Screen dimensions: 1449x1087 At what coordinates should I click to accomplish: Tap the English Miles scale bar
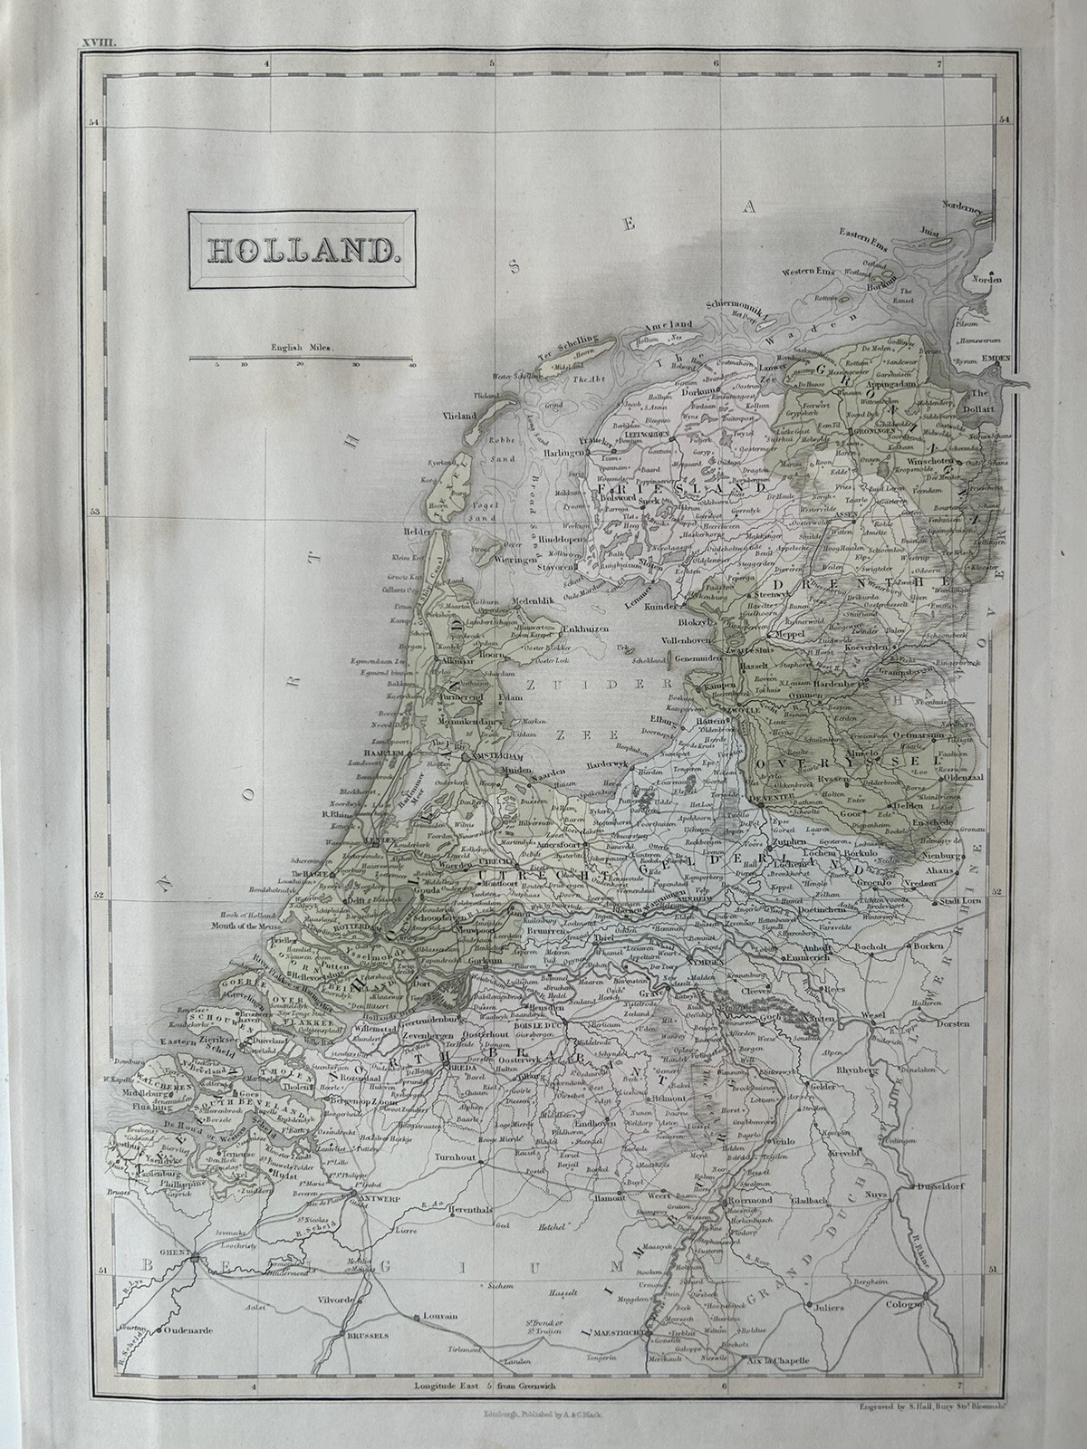click(302, 360)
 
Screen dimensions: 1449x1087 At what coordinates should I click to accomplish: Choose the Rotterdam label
click(356, 929)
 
